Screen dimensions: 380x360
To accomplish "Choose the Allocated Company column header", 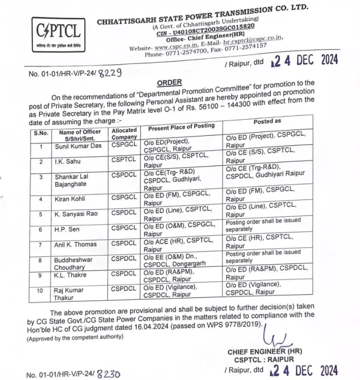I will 125,133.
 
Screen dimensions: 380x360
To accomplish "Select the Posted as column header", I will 267,123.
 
